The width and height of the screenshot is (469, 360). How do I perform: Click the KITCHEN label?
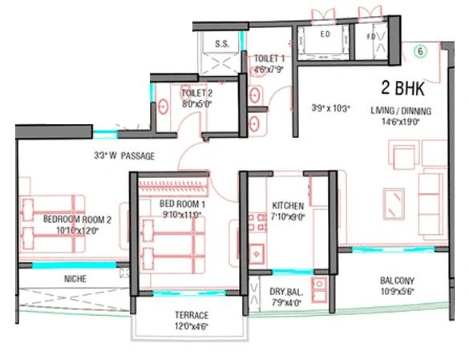(x=287, y=204)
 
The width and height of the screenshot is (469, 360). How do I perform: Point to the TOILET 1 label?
(x=269, y=59)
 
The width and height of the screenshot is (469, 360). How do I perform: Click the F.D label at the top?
(x=374, y=35)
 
